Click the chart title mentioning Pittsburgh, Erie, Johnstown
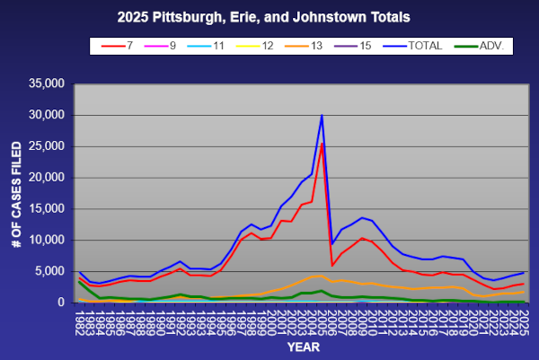(x=269, y=16)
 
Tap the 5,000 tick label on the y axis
(x=49, y=271)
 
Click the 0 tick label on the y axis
(x=61, y=303)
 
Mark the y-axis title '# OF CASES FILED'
(x=15, y=193)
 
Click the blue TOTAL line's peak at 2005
(x=322, y=115)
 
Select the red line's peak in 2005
(x=322, y=144)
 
